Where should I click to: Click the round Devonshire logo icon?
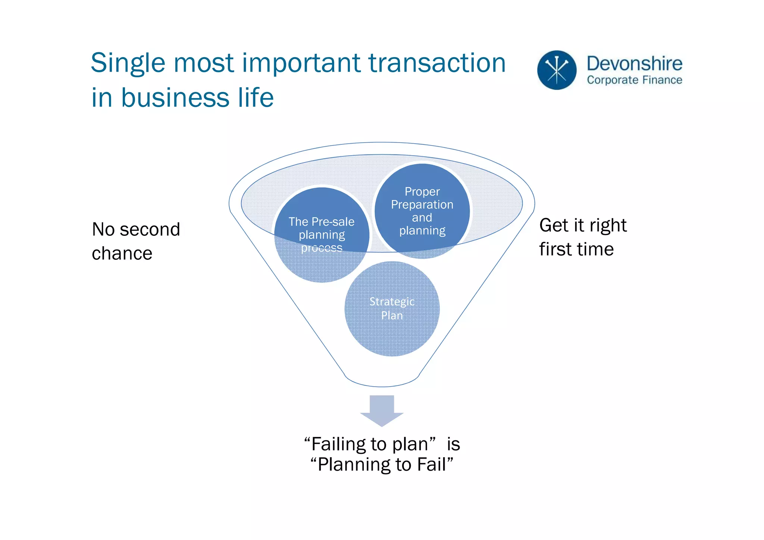click(x=557, y=70)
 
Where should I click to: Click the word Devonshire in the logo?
click(x=634, y=63)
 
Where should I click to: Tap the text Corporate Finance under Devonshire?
click(x=634, y=80)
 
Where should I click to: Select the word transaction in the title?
click(x=437, y=63)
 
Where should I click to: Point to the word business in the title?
click(x=175, y=98)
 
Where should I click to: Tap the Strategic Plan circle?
click(x=392, y=308)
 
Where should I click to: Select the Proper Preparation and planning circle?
click(x=422, y=211)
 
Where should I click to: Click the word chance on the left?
click(x=122, y=254)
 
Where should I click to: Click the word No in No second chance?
click(x=103, y=230)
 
